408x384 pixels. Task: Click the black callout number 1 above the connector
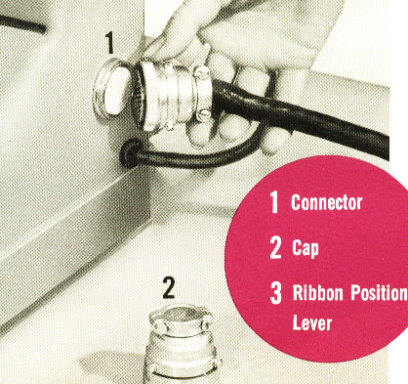109,43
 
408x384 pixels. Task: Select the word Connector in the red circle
326,202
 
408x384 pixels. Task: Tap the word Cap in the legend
306,248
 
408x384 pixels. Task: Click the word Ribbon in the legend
317,292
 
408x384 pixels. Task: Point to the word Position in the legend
379,293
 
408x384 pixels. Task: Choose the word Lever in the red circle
312,322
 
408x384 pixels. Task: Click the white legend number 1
275,202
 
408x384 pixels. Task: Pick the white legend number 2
276,248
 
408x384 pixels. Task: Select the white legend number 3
276,293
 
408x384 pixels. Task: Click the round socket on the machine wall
111,88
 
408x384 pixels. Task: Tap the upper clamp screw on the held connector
202,72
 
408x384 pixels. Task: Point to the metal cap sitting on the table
182,344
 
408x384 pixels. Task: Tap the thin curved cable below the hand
195,156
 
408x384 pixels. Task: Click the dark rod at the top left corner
22,24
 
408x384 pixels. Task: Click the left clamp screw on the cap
159,324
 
